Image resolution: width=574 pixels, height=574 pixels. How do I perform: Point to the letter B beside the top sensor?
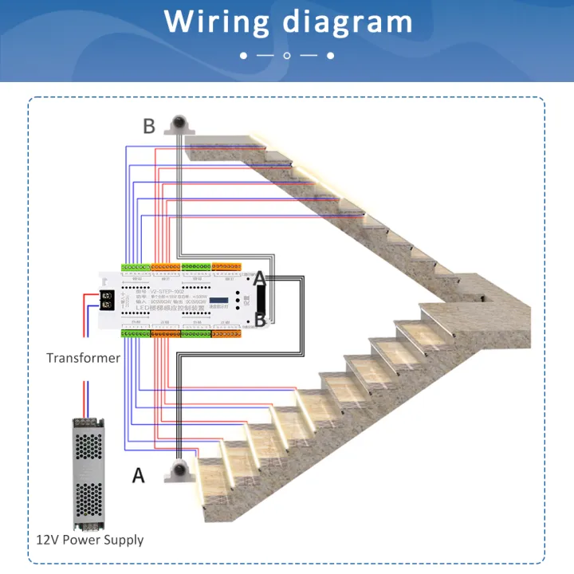pos(149,126)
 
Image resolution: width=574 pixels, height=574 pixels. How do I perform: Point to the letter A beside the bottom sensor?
pos(139,476)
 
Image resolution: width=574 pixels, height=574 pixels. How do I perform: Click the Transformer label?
pos(83,358)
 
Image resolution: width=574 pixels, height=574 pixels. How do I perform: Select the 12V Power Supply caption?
pos(90,540)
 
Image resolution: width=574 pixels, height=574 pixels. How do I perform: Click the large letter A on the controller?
pos(259,278)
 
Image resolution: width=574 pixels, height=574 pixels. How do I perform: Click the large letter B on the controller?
pos(259,320)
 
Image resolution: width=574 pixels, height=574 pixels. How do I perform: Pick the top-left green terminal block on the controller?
pos(136,266)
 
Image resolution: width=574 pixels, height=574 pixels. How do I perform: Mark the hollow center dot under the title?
pos(287,56)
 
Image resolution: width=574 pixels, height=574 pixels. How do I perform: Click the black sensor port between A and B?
pos(260,300)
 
